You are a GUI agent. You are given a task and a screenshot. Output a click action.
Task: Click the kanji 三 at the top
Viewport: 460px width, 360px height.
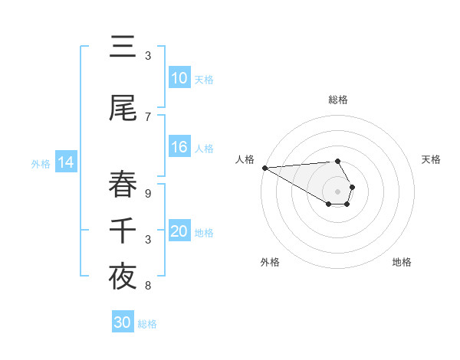(123, 47)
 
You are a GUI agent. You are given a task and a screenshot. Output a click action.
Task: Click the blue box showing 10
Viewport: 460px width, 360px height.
(179, 78)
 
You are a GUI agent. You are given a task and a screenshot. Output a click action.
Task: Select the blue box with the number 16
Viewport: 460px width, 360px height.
(179, 147)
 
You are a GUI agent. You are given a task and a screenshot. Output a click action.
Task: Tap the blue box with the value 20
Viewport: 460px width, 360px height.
(179, 231)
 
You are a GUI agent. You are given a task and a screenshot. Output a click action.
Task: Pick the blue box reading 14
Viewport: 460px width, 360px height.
(66, 162)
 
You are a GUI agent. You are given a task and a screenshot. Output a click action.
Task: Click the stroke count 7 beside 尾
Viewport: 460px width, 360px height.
(148, 116)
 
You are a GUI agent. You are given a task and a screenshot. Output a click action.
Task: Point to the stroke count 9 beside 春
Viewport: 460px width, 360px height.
(148, 194)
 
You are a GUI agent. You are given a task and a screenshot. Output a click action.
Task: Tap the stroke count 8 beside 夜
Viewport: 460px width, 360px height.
(148, 286)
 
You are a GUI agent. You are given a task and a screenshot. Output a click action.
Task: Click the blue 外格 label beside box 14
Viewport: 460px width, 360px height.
(41, 163)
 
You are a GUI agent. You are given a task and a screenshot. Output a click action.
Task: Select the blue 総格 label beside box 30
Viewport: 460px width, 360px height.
(147, 323)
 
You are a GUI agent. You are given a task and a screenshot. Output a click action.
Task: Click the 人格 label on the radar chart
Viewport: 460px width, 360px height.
(245, 159)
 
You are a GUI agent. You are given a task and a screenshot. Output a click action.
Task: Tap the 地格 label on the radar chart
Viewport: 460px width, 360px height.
(402, 262)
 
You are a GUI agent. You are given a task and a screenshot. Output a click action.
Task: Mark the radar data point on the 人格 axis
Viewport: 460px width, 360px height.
(264, 168)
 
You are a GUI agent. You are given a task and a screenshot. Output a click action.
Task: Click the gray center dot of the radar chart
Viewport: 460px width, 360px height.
(337, 191)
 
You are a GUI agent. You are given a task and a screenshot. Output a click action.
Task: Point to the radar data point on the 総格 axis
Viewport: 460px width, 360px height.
(337, 161)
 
